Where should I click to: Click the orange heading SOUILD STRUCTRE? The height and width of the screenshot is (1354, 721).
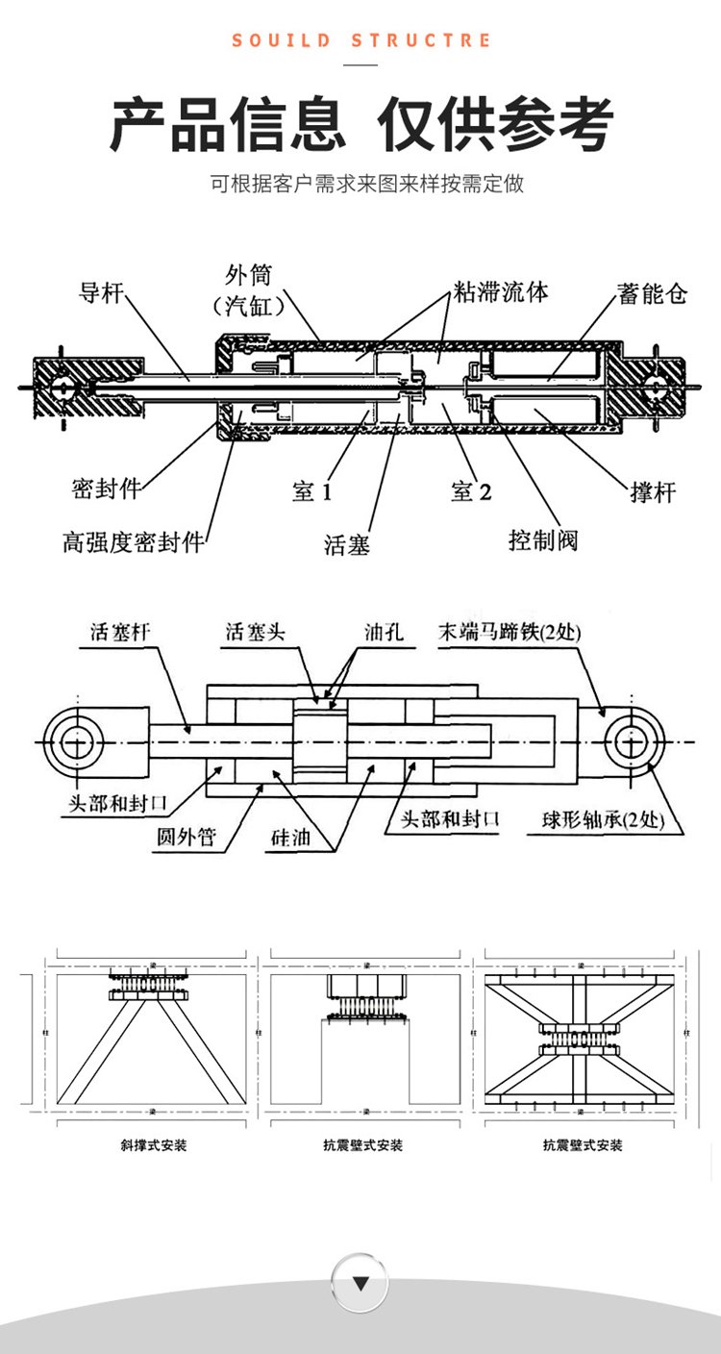click(x=360, y=40)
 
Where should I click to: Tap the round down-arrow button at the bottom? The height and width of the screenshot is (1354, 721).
click(x=360, y=1283)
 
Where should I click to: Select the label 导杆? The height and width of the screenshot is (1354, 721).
click(x=101, y=293)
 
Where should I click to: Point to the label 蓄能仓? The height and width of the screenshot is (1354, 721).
click(x=653, y=294)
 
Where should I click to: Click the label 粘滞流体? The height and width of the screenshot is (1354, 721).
click(x=501, y=292)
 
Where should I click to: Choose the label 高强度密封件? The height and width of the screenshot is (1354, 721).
click(x=134, y=542)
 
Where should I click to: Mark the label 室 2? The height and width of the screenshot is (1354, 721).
click(x=471, y=492)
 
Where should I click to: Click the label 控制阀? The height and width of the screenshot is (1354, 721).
click(x=543, y=539)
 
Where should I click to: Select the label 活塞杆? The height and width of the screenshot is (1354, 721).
click(x=120, y=632)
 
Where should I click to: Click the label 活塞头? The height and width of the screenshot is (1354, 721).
click(x=255, y=632)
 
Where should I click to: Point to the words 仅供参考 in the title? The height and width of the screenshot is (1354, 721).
click(x=495, y=126)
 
